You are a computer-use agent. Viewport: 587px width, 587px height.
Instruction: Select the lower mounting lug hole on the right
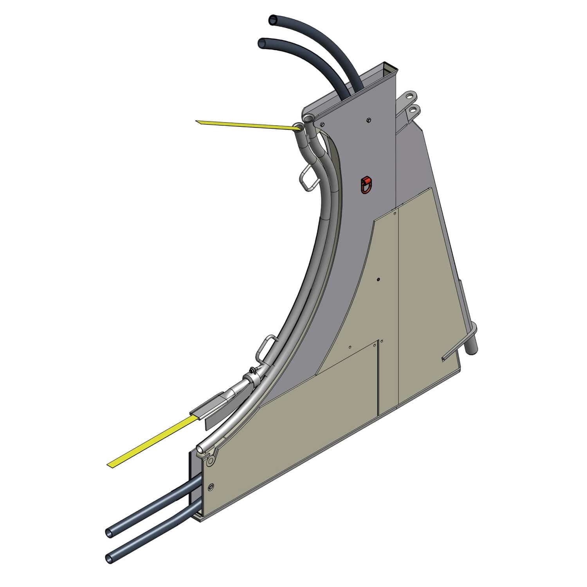412,110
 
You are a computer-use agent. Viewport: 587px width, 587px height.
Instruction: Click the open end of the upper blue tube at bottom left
109,532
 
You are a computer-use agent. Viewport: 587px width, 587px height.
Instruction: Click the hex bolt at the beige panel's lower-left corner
212,487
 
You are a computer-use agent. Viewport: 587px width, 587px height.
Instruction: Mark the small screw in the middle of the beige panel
378,279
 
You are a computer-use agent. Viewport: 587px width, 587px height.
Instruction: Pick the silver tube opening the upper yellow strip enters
299,126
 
